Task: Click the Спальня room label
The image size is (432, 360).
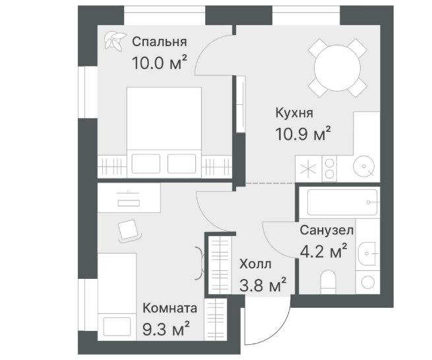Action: tap(159, 42)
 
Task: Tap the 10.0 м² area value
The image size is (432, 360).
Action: tap(160, 63)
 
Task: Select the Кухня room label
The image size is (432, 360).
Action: tap(294, 113)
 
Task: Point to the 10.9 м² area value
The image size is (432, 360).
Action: tap(303, 134)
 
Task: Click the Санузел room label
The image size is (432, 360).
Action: tap(326, 230)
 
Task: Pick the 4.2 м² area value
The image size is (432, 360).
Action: tap(323, 251)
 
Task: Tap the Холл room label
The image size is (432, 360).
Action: tap(255, 264)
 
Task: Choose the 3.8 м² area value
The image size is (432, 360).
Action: tap(263, 285)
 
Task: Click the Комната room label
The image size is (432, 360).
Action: tap(170, 308)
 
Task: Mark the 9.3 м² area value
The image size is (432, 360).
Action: tap(166, 328)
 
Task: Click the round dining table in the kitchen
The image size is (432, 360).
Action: tap(337, 68)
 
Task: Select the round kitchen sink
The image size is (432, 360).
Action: tap(364, 166)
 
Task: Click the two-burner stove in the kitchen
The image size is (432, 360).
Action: tap(330, 169)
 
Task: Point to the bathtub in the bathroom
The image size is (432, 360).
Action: tap(342, 202)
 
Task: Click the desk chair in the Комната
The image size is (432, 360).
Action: tap(129, 231)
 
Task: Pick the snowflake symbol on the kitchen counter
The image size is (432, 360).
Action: tap(308, 169)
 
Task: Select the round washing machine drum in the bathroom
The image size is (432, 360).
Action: tap(367, 283)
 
